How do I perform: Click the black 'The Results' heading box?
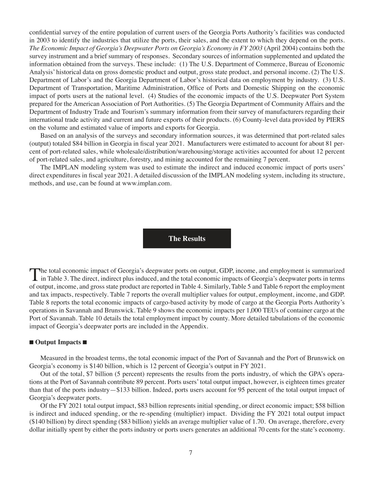tap(187, 238)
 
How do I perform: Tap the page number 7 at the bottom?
tap(190, 453)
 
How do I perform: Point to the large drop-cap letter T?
tap(34, 274)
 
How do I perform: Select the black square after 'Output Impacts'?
tap(85, 342)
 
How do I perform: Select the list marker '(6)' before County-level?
tap(237, 120)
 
